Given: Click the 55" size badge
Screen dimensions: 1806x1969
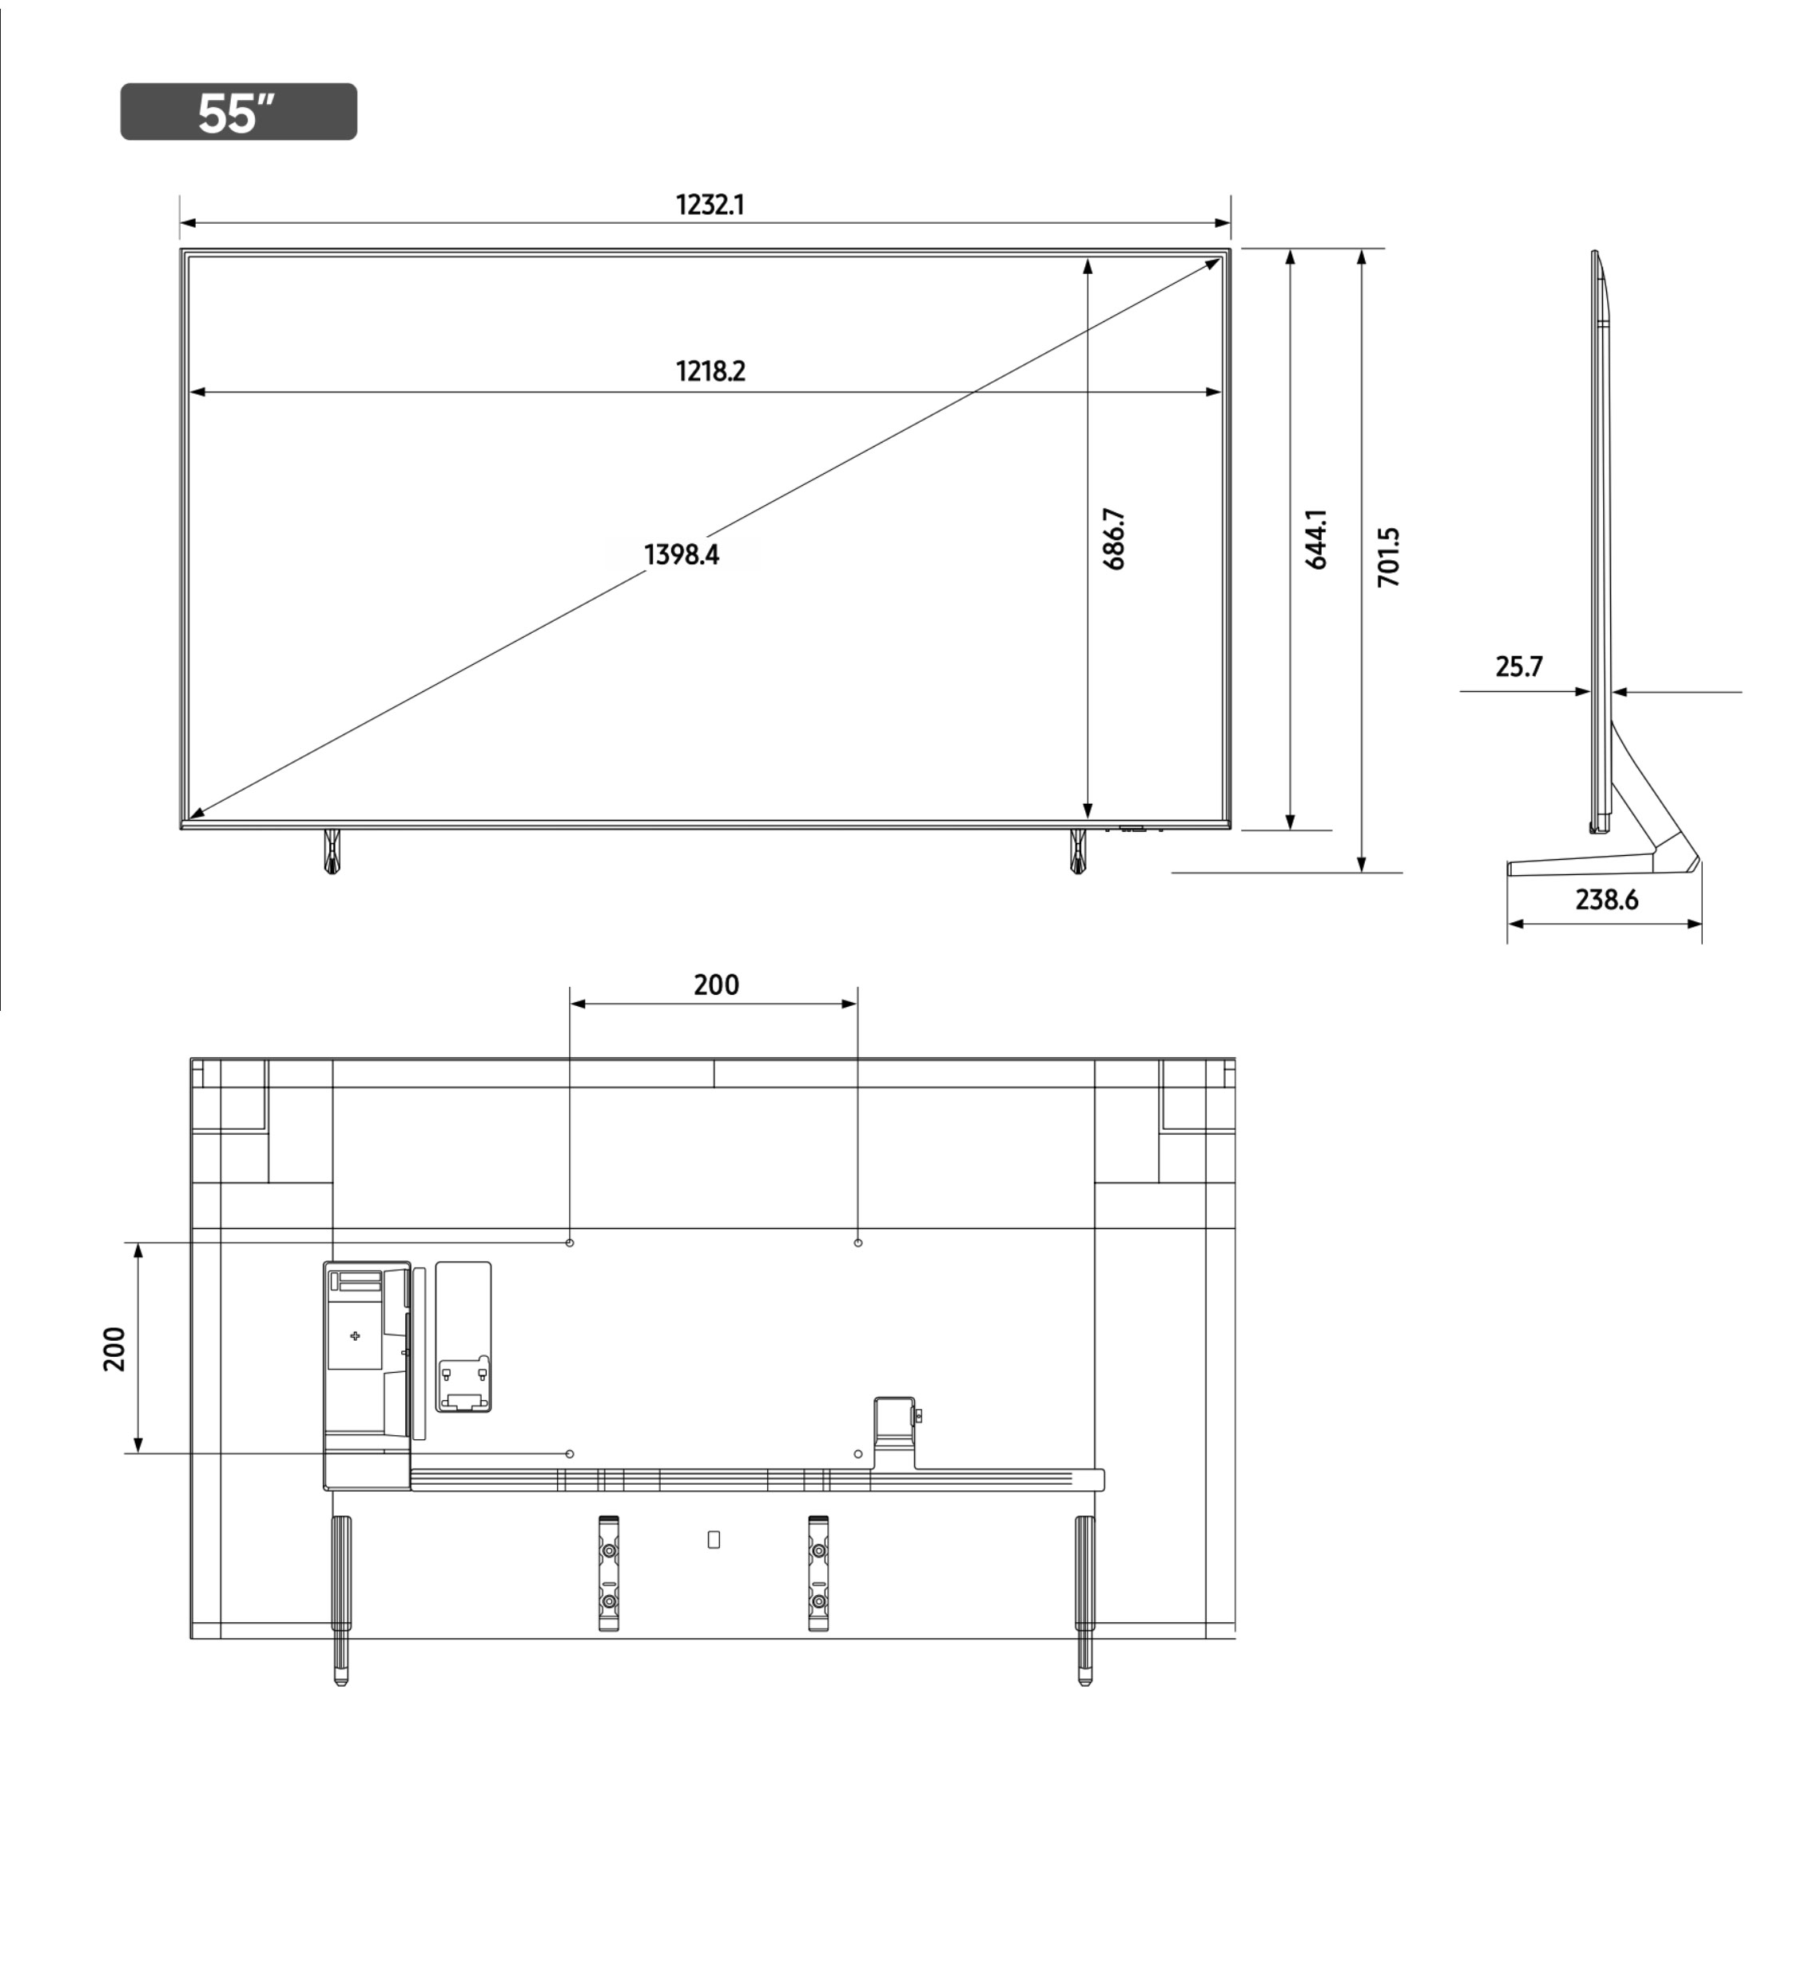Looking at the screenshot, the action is [238, 111].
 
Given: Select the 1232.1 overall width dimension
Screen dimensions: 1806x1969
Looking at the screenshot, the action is [710, 205].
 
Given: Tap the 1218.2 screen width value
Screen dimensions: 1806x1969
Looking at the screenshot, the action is [710, 372].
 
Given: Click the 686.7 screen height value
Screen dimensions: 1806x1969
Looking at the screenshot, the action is [1114, 539].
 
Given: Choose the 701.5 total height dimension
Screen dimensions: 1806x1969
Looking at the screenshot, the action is [1389, 557].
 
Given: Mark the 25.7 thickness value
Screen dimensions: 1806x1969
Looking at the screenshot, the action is [1518, 666].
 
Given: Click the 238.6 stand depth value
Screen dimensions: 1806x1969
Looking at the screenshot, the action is [1607, 899].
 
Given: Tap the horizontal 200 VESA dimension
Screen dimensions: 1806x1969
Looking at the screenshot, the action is [716, 985].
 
